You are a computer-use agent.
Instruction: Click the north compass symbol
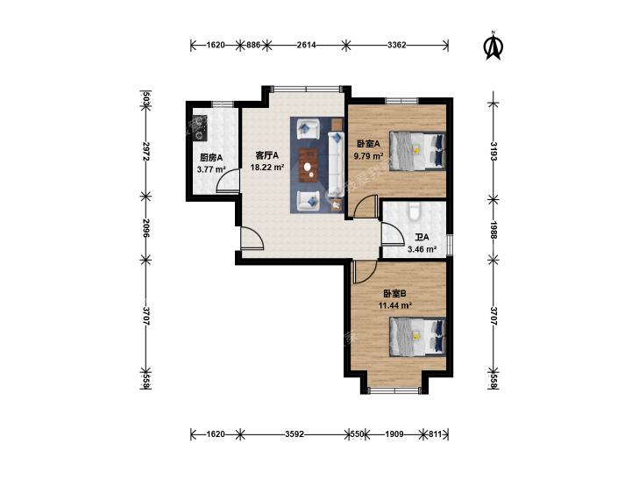[493, 46]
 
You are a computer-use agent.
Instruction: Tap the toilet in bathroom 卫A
[415, 211]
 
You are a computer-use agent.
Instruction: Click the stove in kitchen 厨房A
[200, 128]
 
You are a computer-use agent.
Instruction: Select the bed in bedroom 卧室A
[417, 150]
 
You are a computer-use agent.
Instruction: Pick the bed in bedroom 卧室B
[417, 337]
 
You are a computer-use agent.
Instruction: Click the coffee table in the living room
[308, 165]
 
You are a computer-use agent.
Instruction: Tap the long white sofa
[336, 163]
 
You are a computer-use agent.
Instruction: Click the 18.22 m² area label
[267, 168]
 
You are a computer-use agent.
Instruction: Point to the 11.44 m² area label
[395, 305]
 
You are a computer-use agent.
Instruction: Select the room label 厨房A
[211, 157]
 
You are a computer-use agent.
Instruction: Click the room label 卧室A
[368, 144]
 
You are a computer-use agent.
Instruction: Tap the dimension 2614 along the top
[306, 45]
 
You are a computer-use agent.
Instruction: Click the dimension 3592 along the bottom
[295, 433]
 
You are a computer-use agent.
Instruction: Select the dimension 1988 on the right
[493, 231]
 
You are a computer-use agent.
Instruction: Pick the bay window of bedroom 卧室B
[394, 390]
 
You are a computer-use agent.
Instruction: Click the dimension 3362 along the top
[396, 45]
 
